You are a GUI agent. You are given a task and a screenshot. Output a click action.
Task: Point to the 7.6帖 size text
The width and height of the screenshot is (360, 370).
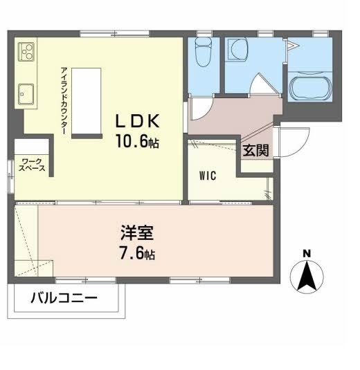pos(135,253)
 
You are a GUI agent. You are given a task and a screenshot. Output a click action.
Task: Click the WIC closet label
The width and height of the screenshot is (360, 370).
pos(208,175)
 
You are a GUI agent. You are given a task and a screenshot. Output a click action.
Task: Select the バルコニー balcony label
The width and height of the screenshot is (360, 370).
pos(64,299)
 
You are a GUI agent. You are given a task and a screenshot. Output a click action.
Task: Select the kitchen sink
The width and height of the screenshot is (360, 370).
pos(26,92)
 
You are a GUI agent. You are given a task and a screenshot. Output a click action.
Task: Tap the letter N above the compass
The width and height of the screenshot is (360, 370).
pos(307,252)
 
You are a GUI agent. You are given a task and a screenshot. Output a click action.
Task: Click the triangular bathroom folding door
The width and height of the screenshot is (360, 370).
pos(291,47)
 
